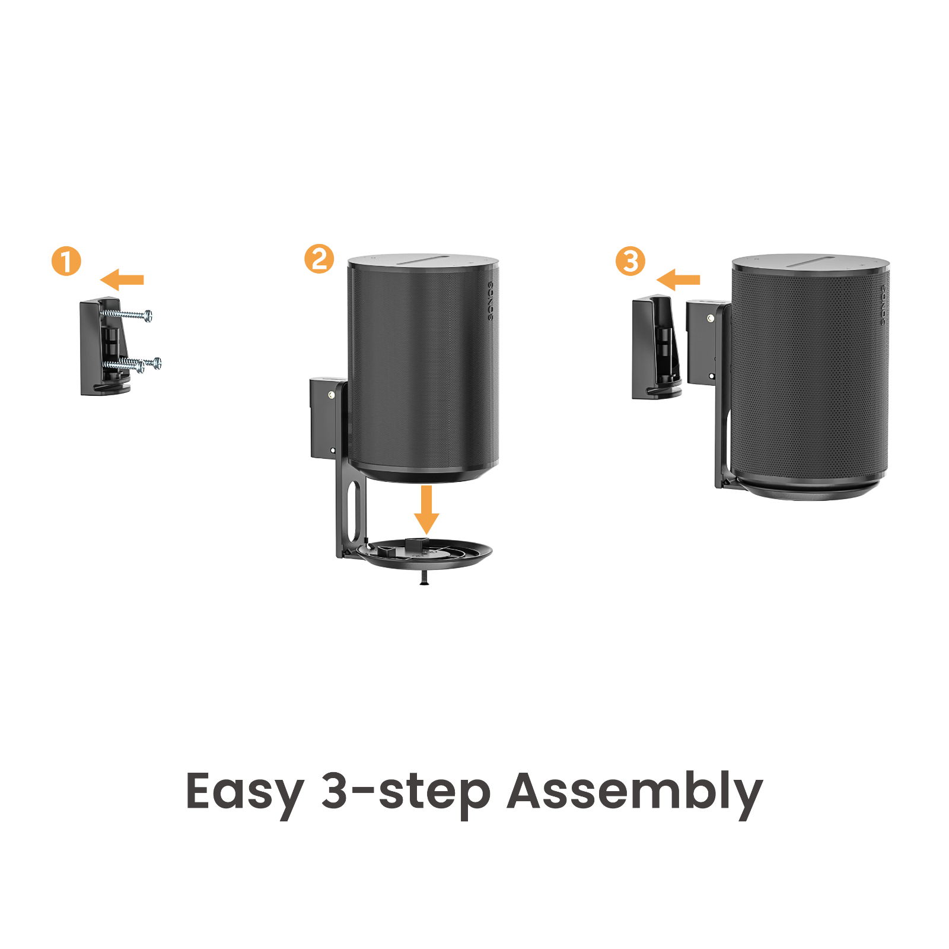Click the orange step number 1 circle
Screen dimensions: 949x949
66,261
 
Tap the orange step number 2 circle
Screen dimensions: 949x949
319,259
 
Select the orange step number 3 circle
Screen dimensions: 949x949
630,261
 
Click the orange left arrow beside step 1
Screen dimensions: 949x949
122,279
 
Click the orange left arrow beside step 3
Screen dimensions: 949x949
679,279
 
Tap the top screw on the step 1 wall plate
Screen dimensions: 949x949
128,314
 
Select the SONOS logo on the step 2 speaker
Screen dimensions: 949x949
491,301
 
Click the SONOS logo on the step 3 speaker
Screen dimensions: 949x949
883,304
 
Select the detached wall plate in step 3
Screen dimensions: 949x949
655,349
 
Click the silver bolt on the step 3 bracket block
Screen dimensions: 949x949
711,319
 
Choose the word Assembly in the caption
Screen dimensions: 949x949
634,792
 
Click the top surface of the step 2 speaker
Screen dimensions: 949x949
422,262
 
